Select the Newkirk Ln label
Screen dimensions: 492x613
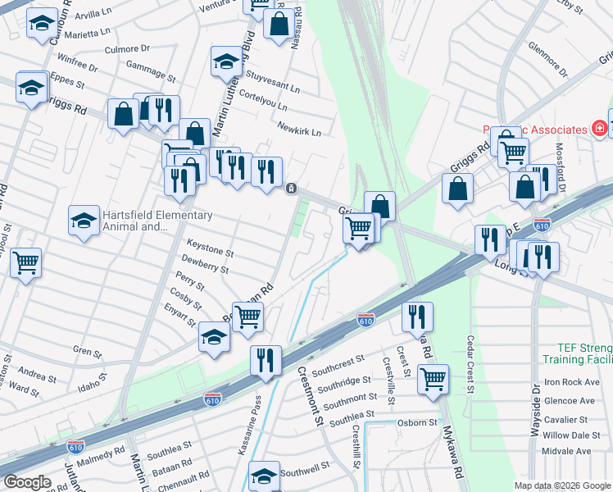[x=299, y=129]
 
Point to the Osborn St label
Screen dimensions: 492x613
[x=418, y=422]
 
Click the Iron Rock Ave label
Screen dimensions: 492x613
[x=573, y=382]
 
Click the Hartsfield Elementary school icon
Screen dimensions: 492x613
[x=83, y=221]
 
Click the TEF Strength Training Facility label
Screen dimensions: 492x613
[x=574, y=353]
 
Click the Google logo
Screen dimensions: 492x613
[x=27, y=482]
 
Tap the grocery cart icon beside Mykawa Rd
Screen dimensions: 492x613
[x=433, y=379]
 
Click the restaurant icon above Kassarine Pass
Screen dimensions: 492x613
[x=266, y=359]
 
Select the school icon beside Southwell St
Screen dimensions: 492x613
[x=265, y=475]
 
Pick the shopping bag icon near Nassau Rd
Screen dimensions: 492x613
[x=279, y=24]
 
